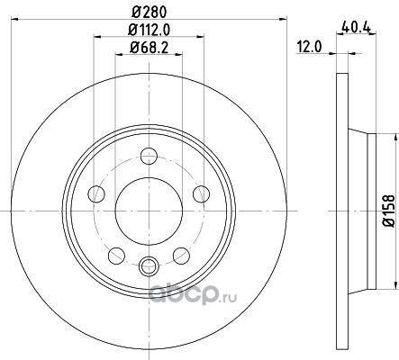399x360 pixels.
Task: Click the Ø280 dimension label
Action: (x=149, y=12)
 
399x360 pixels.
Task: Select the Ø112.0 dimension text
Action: (x=149, y=30)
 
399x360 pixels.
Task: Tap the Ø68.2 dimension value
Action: (x=149, y=48)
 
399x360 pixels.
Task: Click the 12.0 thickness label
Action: (x=309, y=47)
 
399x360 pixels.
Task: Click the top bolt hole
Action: (x=149, y=156)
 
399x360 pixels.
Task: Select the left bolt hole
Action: (x=96, y=193)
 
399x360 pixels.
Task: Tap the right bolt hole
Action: (x=202, y=193)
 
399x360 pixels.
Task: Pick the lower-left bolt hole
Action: (x=116, y=256)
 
